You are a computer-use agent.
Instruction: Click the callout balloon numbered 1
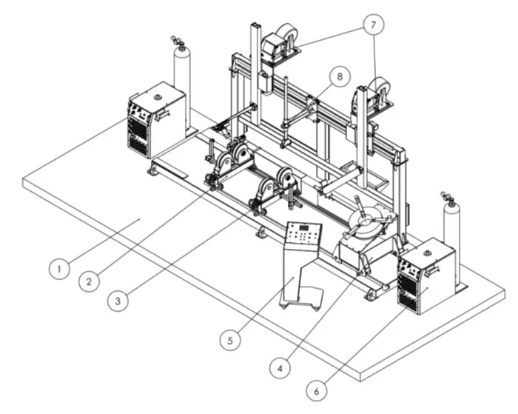[59, 269]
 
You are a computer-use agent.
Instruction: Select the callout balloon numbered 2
[89, 281]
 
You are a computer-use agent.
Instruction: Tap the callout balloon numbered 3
[118, 301]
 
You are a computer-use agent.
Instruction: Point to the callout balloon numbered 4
[280, 367]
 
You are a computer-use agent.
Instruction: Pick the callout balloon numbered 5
[230, 340]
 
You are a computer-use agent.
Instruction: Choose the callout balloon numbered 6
[317, 391]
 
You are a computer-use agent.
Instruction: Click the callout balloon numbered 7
[373, 24]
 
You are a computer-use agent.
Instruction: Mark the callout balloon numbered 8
[340, 76]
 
